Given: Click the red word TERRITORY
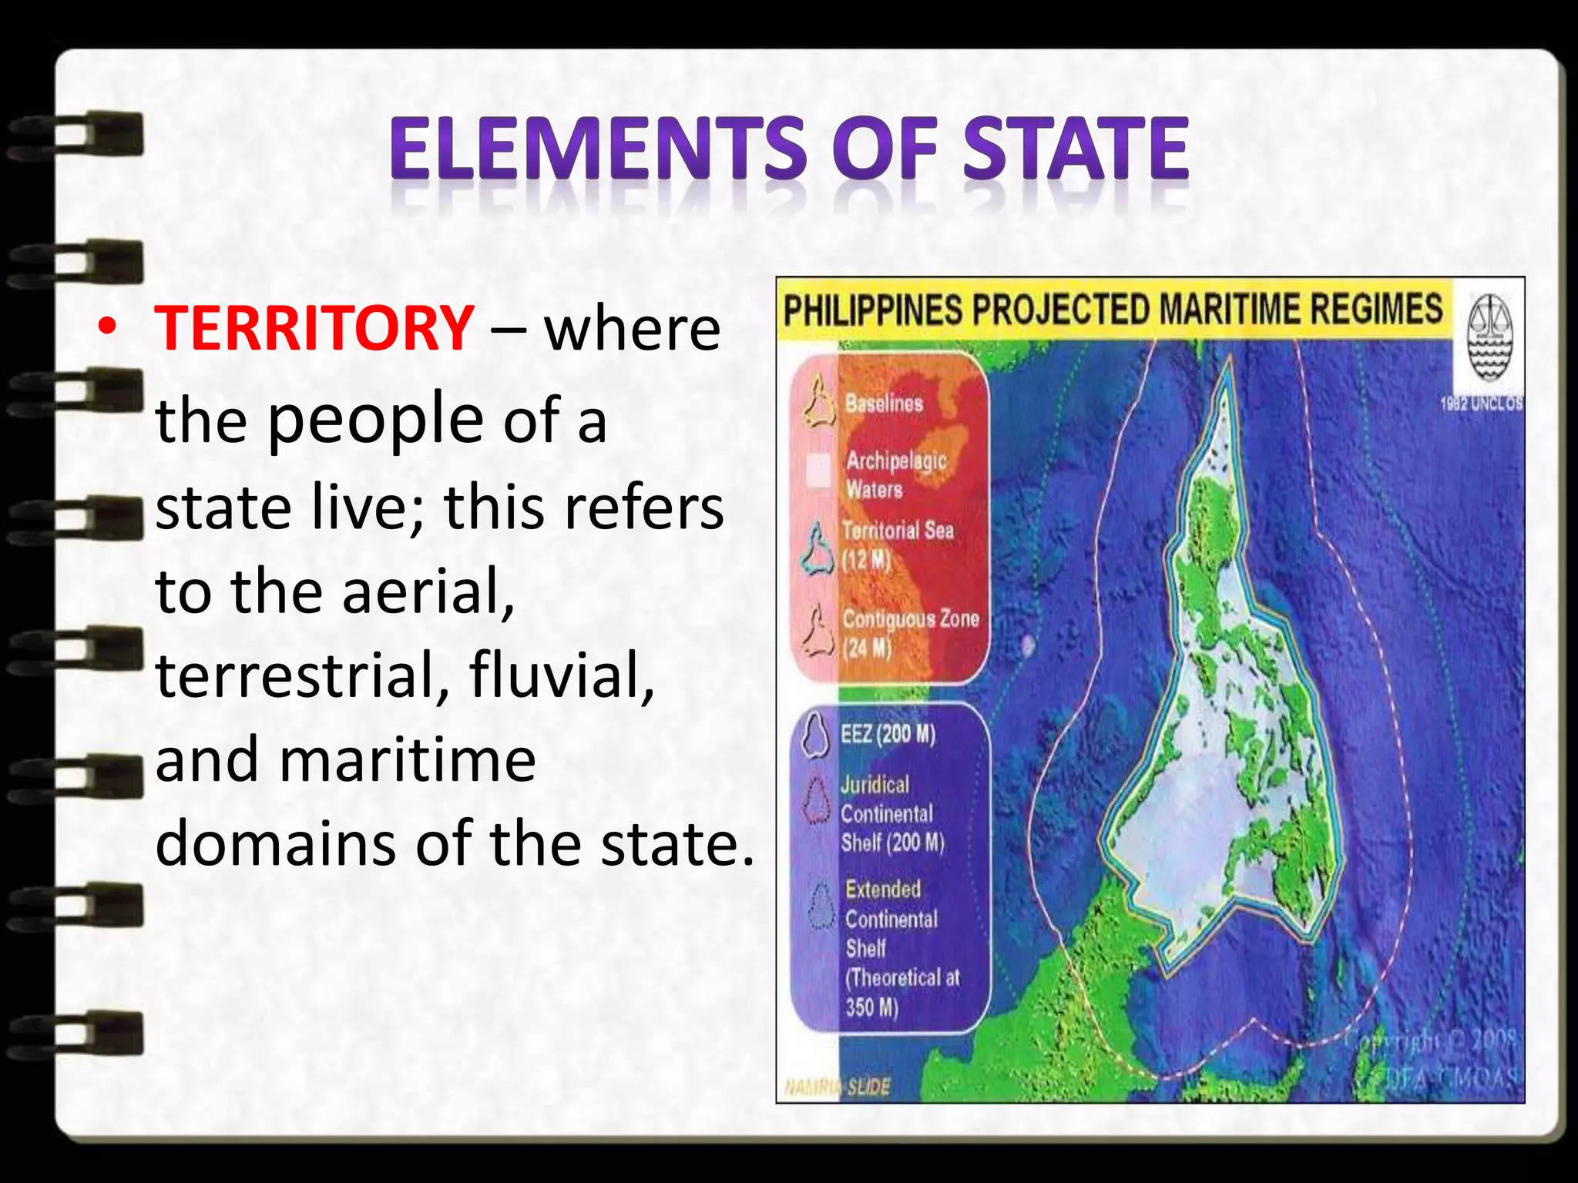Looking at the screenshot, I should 314,329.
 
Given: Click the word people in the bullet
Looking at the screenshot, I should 376,419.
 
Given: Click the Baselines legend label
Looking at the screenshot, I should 884,403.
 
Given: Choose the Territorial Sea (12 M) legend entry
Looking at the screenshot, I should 896,544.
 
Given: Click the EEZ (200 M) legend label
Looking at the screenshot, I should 888,734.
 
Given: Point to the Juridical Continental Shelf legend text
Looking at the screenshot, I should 891,814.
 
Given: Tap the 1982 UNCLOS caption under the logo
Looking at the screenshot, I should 1481,403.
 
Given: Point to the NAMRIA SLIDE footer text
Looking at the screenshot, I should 838,1087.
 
